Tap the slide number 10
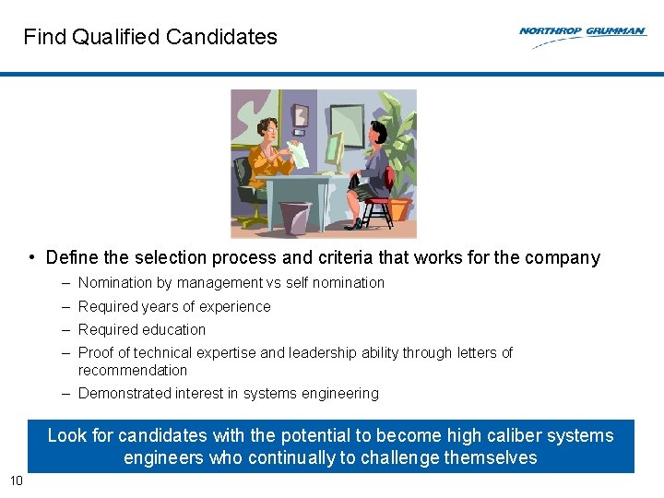(16, 480)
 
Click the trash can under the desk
(295, 218)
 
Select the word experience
(236, 307)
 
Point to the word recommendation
(132, 371)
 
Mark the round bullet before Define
(32, 257)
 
